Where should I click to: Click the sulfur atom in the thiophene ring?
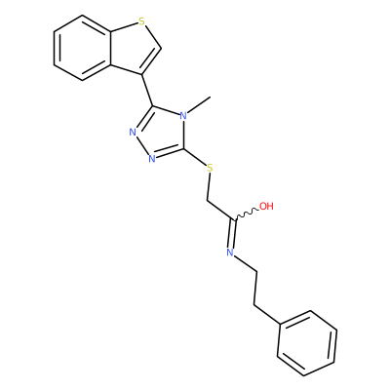click(x=141, y=21)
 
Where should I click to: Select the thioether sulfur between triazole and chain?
click(x=210, y=168)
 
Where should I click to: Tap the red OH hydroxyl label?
click(x=266, y=206)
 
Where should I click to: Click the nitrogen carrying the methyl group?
click(x=183, y=115)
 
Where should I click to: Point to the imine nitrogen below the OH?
click(x=230, y=252)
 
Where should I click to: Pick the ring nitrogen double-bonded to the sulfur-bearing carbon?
click(x=152, y=159)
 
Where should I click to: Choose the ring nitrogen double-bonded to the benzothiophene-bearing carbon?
click(x=133, y=132)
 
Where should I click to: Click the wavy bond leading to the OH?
click(x=248, y=214)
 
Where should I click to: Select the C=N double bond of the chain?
click(x=233, y=233)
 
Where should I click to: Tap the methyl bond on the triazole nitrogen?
click(x=200, y=104)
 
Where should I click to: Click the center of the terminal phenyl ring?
click(x=307, y=343)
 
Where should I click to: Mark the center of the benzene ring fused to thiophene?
click(x=83, y=48)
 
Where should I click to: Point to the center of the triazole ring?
click(x=161, y=134)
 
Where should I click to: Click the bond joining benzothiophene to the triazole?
click(x=148, y=91)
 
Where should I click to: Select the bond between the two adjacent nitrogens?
click(x=141, y=145)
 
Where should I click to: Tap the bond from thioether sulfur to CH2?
click(x=209, y=186)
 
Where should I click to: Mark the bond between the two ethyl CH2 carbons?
click(x=256, y=288)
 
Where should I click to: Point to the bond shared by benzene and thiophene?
click(x=111, y=48)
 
